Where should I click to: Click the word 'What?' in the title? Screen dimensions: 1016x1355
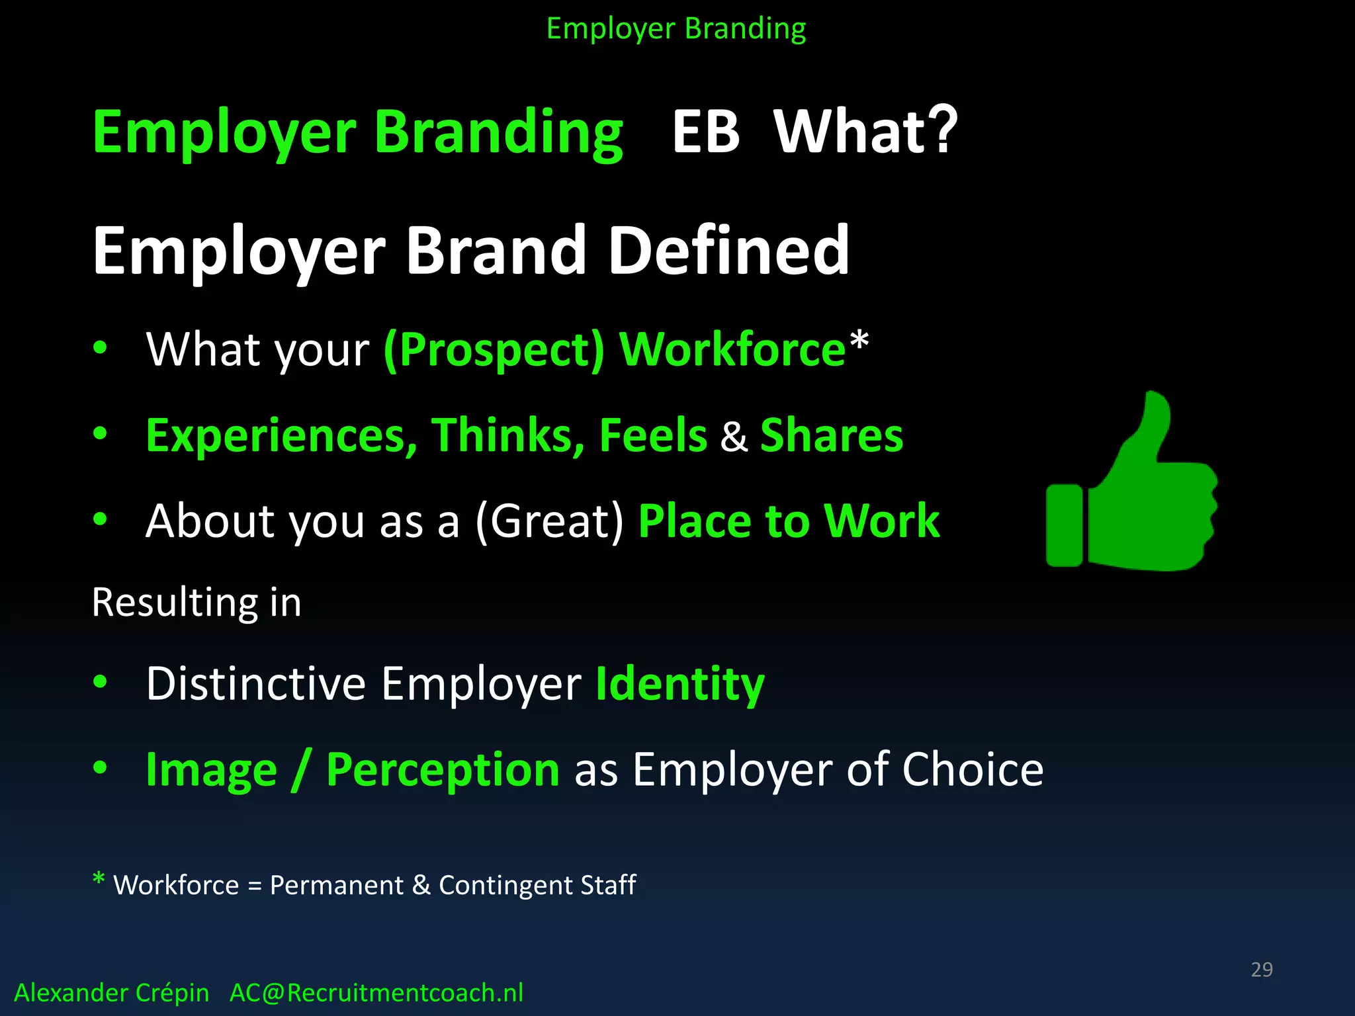[x=865, y=132]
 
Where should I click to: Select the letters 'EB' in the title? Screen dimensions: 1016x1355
[x=705, y=132]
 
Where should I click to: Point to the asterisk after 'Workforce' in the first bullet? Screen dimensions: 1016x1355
[x=859, y=341]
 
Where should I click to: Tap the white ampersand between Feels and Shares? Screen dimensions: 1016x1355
[x=734, y=437]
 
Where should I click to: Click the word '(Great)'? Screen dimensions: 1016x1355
[x=549, y=521]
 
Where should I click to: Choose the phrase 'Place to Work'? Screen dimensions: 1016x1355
[x=789, y=521]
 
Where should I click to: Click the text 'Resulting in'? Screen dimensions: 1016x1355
[x=197, y=603]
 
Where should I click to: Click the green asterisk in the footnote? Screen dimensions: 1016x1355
[x=99, y=879]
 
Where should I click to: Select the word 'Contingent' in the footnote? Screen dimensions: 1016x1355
[x=505, y=885]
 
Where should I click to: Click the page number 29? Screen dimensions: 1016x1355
[x=1262, y=969]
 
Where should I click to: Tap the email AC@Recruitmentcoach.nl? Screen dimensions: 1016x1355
[x=376, y=993]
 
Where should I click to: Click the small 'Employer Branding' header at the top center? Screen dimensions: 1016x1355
[x=676, y=28]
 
